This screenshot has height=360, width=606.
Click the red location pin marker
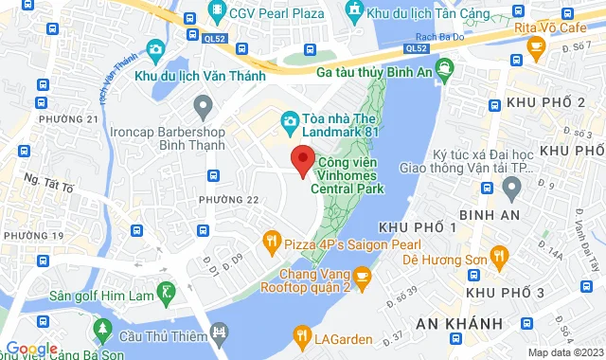[x=302, y=161]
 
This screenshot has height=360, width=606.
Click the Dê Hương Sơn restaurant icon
[x=502, y=254]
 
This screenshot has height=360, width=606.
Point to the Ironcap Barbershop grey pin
[x=201, y=103]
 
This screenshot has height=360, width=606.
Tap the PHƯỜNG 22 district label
[x=228, y=200]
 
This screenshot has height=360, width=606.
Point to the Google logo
[x=31, y=348]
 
